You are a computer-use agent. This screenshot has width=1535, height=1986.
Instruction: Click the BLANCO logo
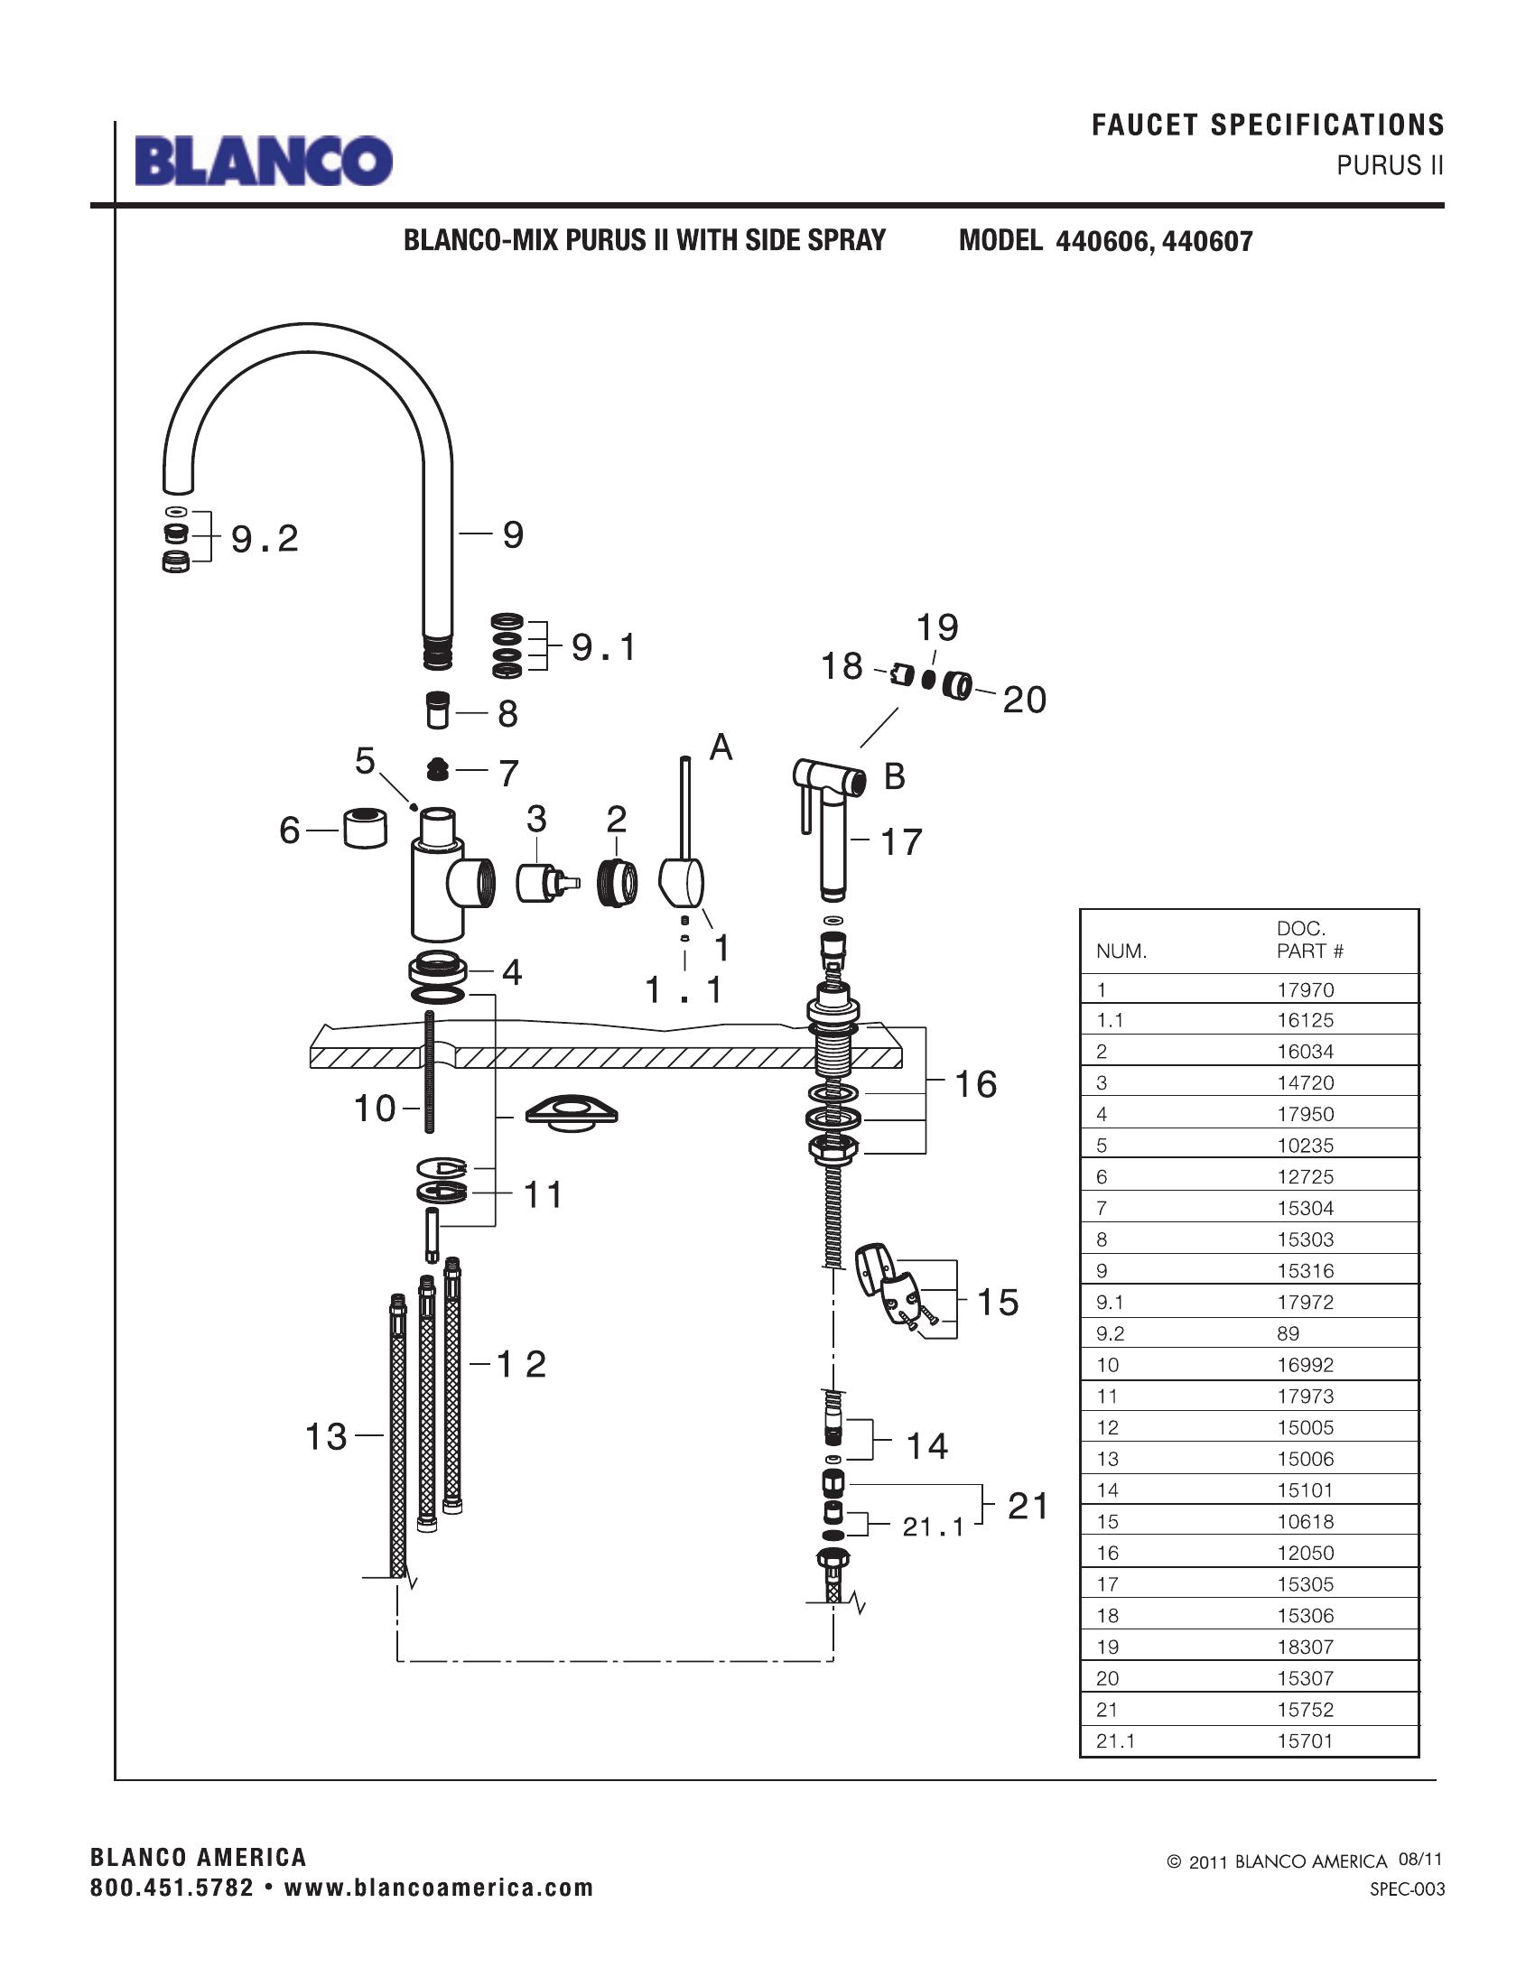tap(264, 161)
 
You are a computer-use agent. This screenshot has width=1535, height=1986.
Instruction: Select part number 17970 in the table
tap(1305, 989)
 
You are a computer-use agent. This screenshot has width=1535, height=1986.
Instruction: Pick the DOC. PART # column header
tap(1309, 940)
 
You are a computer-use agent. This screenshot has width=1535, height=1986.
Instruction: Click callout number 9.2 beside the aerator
tap(265, 539)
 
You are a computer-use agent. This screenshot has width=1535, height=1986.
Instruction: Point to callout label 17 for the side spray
tap(901, 842)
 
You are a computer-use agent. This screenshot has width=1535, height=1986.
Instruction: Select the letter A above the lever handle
tap(721, 747)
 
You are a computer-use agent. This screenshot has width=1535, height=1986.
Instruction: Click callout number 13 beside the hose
tap(326, 1437)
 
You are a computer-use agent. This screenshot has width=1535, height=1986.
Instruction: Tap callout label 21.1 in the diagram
tap(932, 1527)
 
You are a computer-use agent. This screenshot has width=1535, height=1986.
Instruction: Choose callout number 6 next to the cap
tap(289, 831)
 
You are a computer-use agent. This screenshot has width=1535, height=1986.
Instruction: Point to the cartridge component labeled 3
tap(543, 883)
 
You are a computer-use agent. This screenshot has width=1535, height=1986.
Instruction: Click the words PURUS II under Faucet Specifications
tap(1390, 165)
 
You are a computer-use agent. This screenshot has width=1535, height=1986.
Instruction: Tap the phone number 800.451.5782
tap(172, 1887)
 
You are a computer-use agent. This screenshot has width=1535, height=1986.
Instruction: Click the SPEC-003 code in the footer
tap(1407, 1889)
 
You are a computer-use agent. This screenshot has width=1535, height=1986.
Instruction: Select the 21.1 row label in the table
tap(1115, 1740)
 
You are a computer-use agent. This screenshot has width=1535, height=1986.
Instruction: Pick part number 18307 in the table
tap(1305, 1646)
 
